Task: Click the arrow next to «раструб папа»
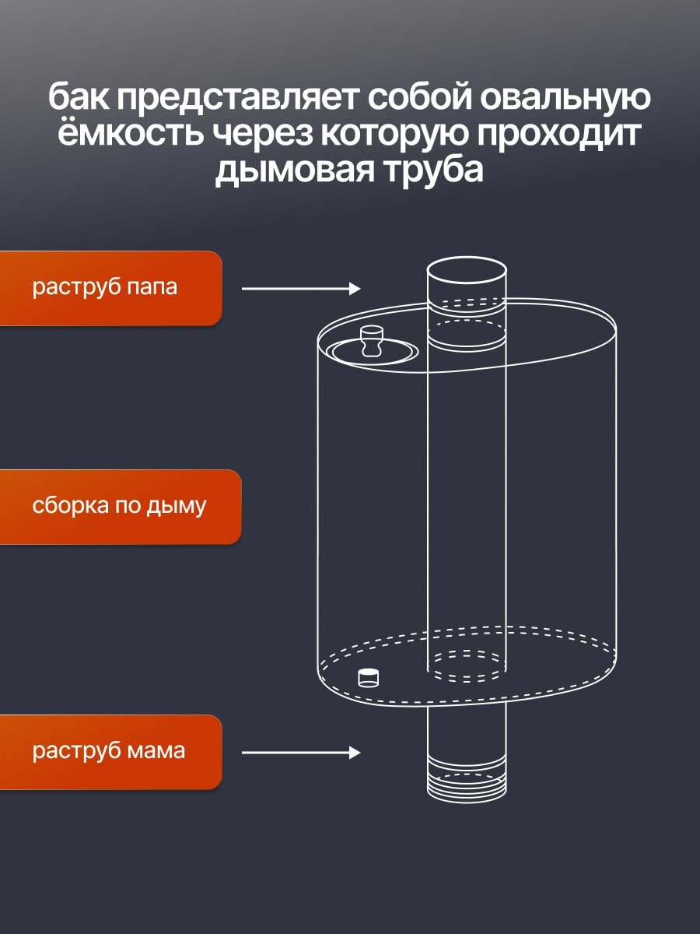pyautogui.click(x=301, y=289)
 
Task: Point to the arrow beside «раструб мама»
pyautogui.click(x=301, y=753)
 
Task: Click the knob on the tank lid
pyautogui.click(x=372, y=339)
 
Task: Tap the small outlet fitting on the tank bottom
pyautogui.click(x=368, y=677)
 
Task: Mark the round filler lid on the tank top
pyautogui.click(x=372, y=352)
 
